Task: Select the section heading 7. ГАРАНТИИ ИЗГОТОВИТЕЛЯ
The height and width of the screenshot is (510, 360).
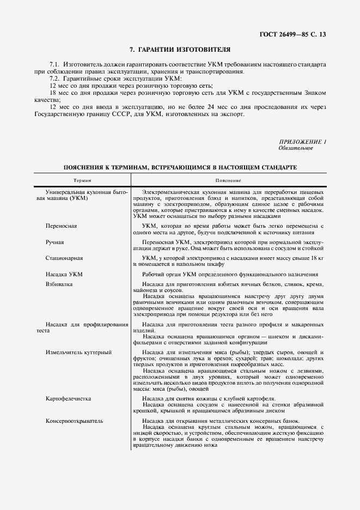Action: [180, 50]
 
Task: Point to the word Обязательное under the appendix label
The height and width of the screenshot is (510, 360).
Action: [296, 148]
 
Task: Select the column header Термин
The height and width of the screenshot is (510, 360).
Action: [82, 180]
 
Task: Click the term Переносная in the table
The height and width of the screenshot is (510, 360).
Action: [61, 225]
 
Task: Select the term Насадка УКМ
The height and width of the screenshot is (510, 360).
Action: [64, 274]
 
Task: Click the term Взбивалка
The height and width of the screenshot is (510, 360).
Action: [59, 284]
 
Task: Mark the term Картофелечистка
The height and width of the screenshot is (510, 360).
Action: [69, 399]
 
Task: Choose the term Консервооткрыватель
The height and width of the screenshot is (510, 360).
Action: [75, 421]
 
